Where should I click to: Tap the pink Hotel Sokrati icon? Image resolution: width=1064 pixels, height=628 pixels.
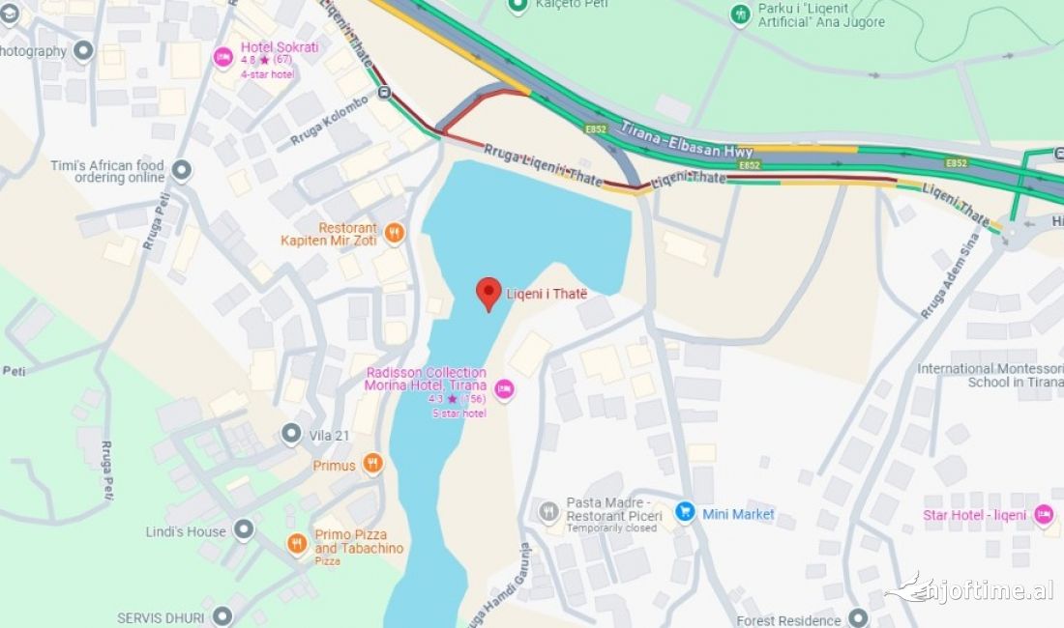click(x=223, y=57)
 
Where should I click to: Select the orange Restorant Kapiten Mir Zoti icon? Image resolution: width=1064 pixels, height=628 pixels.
click(x=394, y=232)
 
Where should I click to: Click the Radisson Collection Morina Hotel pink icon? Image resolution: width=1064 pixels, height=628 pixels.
click(x=503, y=389)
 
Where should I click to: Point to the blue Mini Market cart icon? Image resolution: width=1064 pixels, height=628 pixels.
click(x=685, y=512)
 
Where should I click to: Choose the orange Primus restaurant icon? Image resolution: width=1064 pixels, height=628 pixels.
click(x=373, y=465)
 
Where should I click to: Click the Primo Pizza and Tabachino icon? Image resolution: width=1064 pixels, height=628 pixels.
click(x=298, y=544)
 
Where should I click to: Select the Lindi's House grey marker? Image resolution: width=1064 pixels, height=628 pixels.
click(x=244, y=529)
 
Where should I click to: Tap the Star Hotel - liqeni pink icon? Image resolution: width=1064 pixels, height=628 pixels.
click(x=1044, y=514)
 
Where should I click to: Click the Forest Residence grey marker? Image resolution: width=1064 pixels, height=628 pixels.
click(x=858, y=617)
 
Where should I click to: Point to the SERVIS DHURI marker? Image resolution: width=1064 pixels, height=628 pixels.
click(x=222, y=615)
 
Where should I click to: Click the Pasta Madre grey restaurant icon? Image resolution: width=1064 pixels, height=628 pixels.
click(x=548, y=511)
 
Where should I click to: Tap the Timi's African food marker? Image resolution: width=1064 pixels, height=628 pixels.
click(x=181, y=172)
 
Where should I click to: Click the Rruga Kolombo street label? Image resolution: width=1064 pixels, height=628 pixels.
click(x=329, y=122)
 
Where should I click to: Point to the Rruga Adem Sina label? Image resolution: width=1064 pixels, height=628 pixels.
click(x=950, y=274)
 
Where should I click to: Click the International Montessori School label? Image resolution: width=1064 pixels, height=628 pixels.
click(x=989, y=375)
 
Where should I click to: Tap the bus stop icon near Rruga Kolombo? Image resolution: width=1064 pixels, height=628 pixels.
click(x=386, y=94)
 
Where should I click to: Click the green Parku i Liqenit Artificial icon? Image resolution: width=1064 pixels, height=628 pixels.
click(x=740, y=14)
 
